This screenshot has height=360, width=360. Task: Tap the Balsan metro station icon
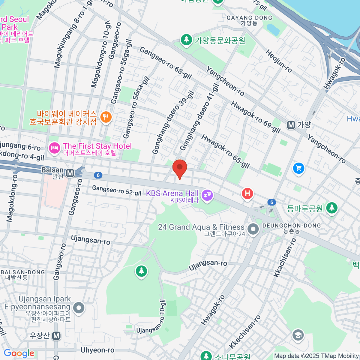[x=70, y=173]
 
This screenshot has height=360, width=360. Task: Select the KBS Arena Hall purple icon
[x=207, y=195]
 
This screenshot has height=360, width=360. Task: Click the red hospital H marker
[x=247, y=193]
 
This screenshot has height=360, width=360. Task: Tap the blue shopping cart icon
[x=298, y=168]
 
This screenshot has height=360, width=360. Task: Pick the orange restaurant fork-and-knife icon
[x=105, y=117]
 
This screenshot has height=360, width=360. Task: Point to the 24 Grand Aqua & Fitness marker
[x=253, y=229]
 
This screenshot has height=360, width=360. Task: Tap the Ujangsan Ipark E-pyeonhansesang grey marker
[x=79, y=307]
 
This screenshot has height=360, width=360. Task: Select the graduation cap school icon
[x=298, y=335]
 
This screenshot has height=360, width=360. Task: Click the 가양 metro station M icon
[x=291, y=125]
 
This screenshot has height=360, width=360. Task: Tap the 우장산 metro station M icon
[x=56, y=336]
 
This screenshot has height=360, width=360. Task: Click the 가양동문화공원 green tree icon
[x=186, y=40]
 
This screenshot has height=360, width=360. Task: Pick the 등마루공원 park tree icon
[x=332, y=208]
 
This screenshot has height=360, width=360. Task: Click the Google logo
[x=19, y=353]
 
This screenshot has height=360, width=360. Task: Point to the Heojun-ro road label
[x=279, y=61]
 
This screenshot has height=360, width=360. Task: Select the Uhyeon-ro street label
[x=97, y=350]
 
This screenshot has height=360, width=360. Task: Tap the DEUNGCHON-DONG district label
[x=291, y=226]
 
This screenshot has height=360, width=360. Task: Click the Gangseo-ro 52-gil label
[x=116, y=190]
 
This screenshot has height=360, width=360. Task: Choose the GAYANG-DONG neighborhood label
[x=249, y=18]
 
